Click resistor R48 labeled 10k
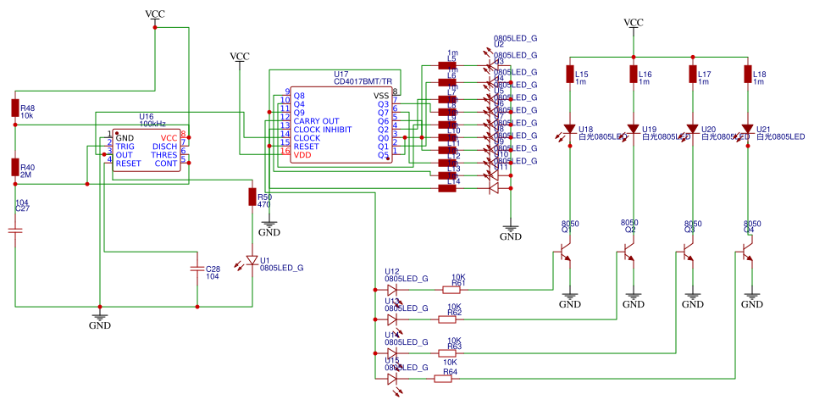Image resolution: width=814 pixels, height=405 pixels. click(14, 107)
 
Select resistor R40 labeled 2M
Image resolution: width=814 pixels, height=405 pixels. click(14, 167)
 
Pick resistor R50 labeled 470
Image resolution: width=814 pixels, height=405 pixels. click(251, 197)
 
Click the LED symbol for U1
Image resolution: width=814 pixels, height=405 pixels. click(251, 259)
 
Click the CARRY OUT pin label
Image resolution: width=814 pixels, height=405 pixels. click(318, 121)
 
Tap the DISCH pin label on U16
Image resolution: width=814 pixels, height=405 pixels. click(164, 146)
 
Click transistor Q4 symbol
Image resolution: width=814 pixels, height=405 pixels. click(745, 252)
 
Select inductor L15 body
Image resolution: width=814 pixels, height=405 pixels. click(570, 74)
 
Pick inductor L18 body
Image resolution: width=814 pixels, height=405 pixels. click(747, 74)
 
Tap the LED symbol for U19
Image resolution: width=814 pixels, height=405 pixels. click(633, 130)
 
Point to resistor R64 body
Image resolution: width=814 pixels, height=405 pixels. click(442, 379)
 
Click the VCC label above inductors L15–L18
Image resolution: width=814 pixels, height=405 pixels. click(633, 22)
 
